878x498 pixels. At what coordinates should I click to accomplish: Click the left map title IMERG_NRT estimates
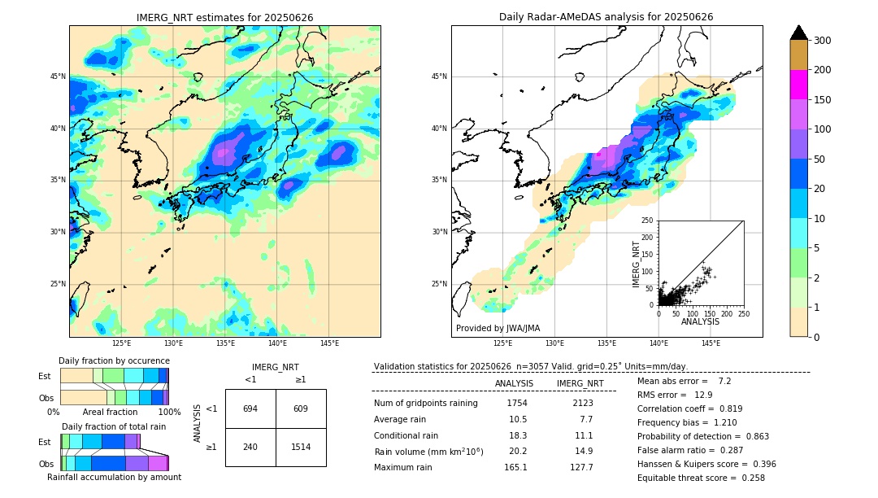pos(224,17)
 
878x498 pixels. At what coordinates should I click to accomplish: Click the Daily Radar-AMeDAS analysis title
pos(606,17)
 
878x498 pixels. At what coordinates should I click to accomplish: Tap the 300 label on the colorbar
pos(823,41)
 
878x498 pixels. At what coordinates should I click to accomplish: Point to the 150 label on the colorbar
pos(823,100)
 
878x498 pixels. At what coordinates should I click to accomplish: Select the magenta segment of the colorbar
pos(798,85)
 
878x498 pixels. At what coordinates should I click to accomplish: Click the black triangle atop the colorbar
pos(798,33)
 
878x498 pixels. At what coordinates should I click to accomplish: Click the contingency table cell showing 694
pos(250,408)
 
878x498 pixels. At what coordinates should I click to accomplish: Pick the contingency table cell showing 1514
pos(301,447)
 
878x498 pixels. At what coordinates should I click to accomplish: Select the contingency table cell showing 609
pos(301,408)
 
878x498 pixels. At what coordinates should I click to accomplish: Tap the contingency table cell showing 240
pos(250,447)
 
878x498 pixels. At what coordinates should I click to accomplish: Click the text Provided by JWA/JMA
pos(498,329)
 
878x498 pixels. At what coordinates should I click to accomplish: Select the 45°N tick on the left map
pos(58,76)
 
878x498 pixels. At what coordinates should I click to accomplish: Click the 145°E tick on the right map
pos(711,343)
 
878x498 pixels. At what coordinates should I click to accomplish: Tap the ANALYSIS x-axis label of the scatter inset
pos(700,321)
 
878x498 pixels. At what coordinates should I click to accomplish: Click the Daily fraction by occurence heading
pos(114,360)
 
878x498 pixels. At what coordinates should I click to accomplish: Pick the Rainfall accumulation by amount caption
pos(114,477)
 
